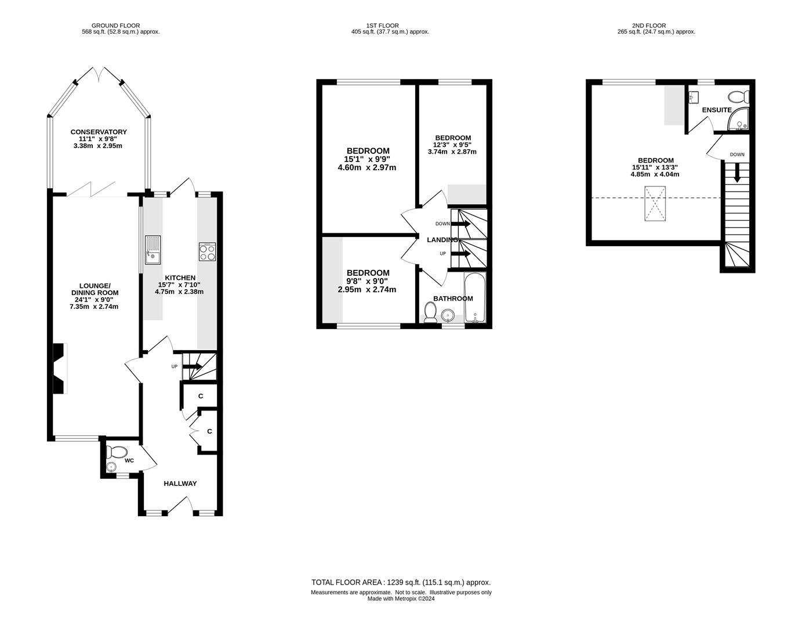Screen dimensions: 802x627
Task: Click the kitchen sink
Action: click(153, 250)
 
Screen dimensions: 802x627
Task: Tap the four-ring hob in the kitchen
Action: click(207, 252)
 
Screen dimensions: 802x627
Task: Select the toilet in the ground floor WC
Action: click(117, 452)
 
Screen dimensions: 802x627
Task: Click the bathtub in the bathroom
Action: click(475, 297)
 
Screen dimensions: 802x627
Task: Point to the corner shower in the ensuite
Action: click(739, 120)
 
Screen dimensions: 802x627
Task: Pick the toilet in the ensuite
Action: click(739, 97)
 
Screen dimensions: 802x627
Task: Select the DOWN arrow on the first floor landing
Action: click(460, 224)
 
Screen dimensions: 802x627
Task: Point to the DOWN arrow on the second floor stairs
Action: click(737, 172)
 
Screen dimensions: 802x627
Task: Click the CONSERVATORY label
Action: click(99, 132)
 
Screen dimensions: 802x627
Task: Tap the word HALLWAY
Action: click(180, 483)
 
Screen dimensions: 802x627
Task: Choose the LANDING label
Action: click(442, 240)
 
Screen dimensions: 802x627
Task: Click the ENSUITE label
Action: click(717, 110)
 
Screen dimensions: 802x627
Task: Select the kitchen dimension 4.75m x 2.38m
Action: click(179, 291)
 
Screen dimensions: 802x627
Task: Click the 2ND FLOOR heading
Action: click(649, 26)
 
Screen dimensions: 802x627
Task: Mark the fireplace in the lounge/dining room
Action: click(60, 369)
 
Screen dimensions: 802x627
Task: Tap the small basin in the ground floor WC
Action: click(111, 467)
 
